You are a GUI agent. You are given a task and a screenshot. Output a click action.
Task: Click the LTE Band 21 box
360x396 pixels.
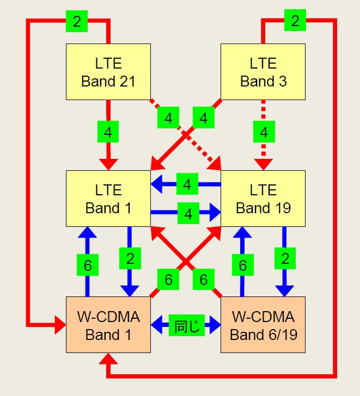click(x=108, y=72)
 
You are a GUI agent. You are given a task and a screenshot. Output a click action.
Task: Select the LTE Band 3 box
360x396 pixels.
click(x=263, y=72)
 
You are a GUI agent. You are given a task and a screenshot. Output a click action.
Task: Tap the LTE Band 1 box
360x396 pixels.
click(x=108, y=199)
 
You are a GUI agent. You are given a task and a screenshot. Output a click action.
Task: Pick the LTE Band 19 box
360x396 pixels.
click(x=263, y=199)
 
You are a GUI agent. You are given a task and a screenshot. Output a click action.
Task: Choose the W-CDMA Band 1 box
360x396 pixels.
click(x=108, y=325)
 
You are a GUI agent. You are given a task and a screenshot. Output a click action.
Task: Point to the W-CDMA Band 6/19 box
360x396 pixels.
click(x=263, y=325)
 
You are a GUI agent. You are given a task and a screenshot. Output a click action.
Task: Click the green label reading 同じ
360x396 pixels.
click(x=186, y=326)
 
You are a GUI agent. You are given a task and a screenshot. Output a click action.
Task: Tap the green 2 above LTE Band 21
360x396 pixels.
click(x=77, y=21)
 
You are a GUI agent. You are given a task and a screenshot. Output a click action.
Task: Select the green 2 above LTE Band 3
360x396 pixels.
click(x=295, y=21)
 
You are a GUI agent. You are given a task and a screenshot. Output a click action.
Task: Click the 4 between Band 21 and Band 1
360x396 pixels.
click(x=108, y=132)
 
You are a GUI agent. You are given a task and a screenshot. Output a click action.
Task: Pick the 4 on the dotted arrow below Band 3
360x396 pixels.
click(x=264, y=132)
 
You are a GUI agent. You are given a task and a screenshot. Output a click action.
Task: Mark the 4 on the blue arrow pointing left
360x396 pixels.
click(x=187, y=184)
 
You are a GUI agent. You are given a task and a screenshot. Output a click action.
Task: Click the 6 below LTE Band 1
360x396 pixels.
click(x=87, y=265)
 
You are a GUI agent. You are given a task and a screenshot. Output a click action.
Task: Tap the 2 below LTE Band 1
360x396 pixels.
click(x=130, y=258)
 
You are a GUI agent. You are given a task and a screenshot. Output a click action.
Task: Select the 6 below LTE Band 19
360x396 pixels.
click(x=242, y=265)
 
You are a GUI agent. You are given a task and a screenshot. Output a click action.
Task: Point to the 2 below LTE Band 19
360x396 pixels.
click(x=284, y=258)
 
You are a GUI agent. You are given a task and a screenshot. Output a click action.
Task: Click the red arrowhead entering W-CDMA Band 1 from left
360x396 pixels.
click(x=59, y=326)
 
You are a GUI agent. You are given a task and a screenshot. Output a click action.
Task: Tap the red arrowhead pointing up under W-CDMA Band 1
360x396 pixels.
click(x=108, y=358)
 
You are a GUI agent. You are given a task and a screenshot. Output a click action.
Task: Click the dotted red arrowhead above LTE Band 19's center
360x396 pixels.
click(x=264, y=163)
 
